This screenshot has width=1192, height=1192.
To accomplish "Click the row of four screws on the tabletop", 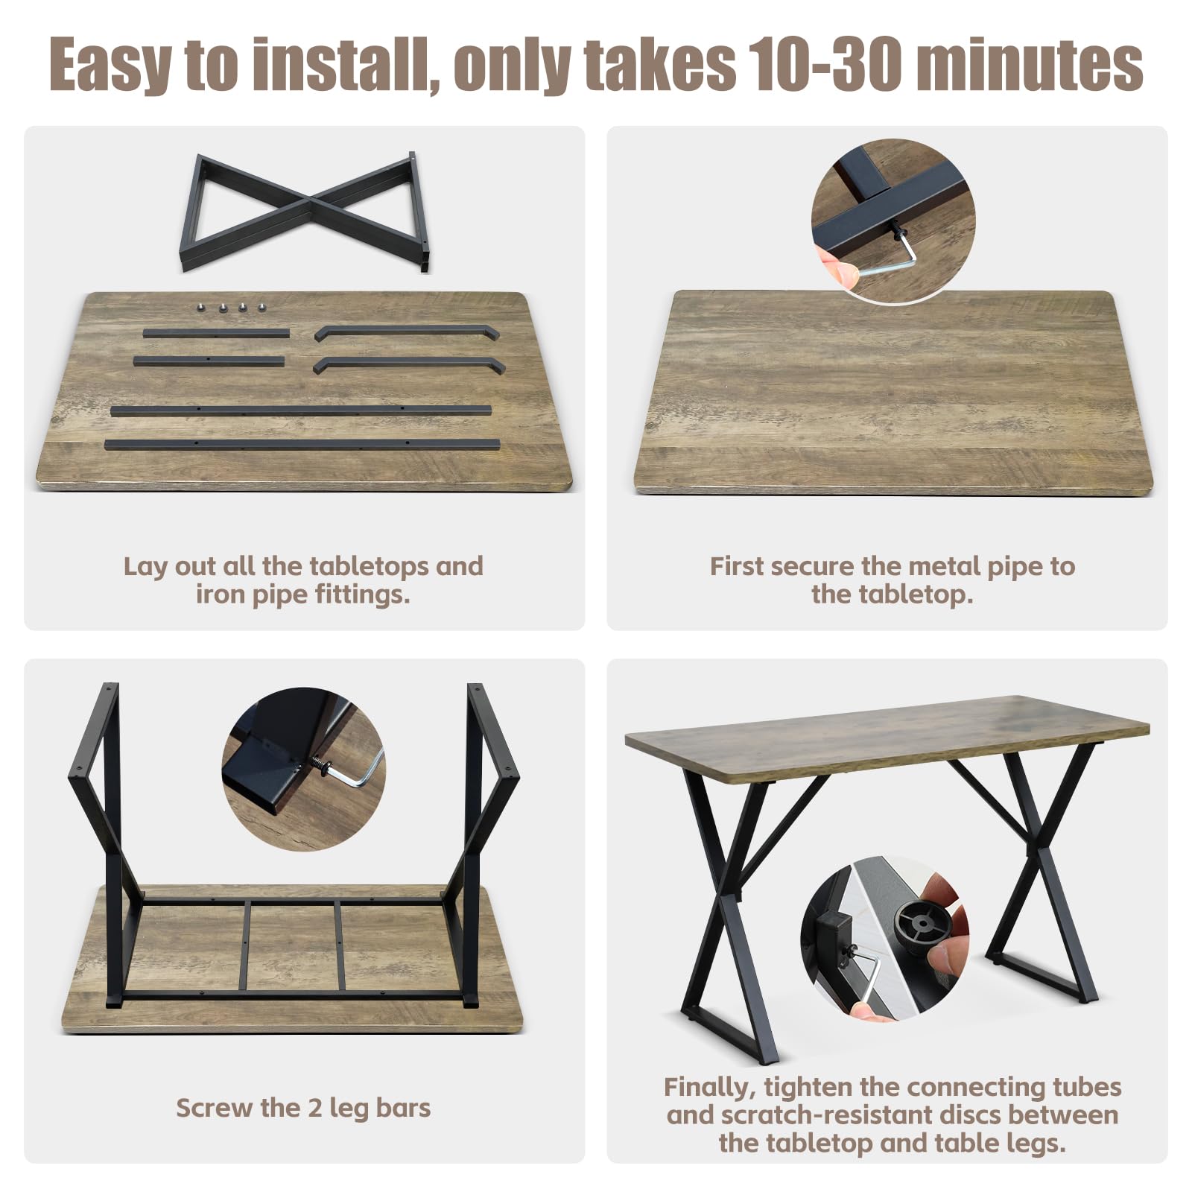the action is [230, 306].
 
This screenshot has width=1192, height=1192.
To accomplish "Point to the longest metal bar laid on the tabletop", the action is [302, 445].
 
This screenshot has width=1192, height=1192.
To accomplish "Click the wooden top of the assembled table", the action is [887, 738].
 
